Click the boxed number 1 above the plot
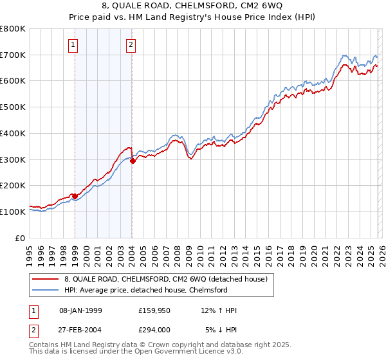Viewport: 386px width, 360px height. pyautogui.click(x=73, y=45)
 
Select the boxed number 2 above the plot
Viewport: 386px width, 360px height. pyautogui.click(x=131, y=45)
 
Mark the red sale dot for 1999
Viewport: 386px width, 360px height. pyautogui.click(x=75, y=196)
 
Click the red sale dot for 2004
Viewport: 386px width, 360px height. pyautogui.click(x=133, y=161)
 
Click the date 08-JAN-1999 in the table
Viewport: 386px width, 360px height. pyautogui.click(x=80, y=310)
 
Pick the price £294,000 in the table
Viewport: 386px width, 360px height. pyautogui.click(x=155, y=329)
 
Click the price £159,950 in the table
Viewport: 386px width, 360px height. pyautogui.click(x=155, y=310)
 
